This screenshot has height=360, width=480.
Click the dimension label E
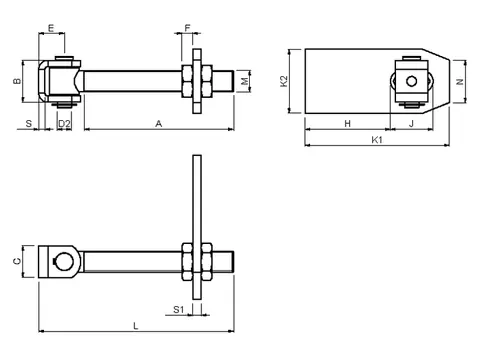pyautogui.click(x=51, y=28)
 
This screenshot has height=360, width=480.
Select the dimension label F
pyautogui.click(x=188, y=28)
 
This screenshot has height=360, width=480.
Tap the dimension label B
pyautogui.click(x=17, y=81)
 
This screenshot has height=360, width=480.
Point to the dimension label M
pyautogui.click(x=244, y=81)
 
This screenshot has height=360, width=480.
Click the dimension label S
pyautogui.click(x=29, y=124)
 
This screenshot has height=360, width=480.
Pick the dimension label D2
pyautogui.click(x=64, y=124)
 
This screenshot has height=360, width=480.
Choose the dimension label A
pyautogui.click(x=159, y=124)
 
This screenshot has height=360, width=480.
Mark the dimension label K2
pyautogui.click(x=284, y=81)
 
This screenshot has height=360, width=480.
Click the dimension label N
pyautogui.click(x=460, y=82)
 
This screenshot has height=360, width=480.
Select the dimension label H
pyautogui.click(x=348, y=124)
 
